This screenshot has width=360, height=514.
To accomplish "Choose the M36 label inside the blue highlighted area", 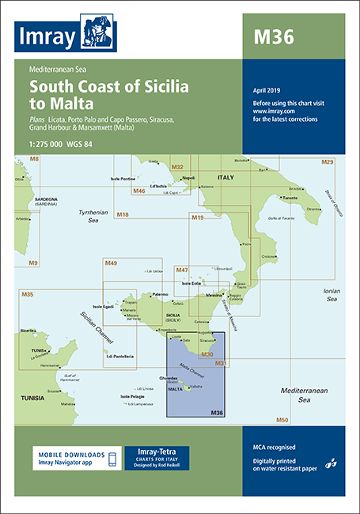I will [x=216, y=412].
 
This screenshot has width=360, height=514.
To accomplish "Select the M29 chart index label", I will [x=327, y=161].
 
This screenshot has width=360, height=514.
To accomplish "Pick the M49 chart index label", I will [x=111, y=263].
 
